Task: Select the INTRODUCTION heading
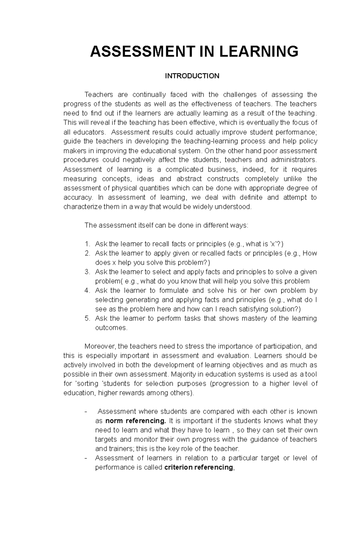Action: pyautogui.click(x=192, y=76)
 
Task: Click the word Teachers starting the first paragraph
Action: pyautogui.click(x=99, y=95)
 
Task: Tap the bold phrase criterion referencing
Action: pyautogui.click(x=199, y=467)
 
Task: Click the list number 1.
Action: pyautogui.click(x=87, y=244)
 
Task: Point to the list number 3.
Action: pyautogui.click(x=87, y=272)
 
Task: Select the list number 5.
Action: pyautogui.click(x=87, y=318)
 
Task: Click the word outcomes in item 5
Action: pyautogui.click(x=111, y=328)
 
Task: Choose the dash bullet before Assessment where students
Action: pyautogui.click(x=86, y=412)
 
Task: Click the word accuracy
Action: pyautogui.click(x=76, y=197)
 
